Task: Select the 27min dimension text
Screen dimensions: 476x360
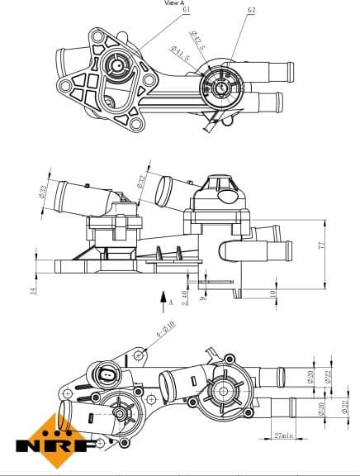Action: click(x=285, y=436)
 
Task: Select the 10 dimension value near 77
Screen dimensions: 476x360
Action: click(x=272, y=293)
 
